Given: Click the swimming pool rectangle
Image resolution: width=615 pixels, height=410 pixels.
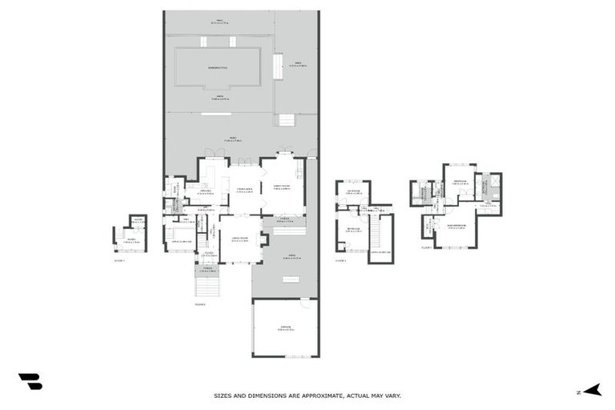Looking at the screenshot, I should coord(218,67).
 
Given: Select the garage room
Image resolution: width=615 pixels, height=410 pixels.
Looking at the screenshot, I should coord(285,328).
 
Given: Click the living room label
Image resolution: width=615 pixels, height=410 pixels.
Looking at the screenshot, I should coord(239,239).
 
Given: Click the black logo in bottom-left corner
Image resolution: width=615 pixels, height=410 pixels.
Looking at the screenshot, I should coord(30,382).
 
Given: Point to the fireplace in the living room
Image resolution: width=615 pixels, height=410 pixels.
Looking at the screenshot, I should coord(265,239).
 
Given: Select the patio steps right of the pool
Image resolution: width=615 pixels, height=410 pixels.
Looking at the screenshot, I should coord(285,120).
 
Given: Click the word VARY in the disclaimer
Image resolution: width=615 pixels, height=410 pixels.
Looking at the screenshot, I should coord(392,395).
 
